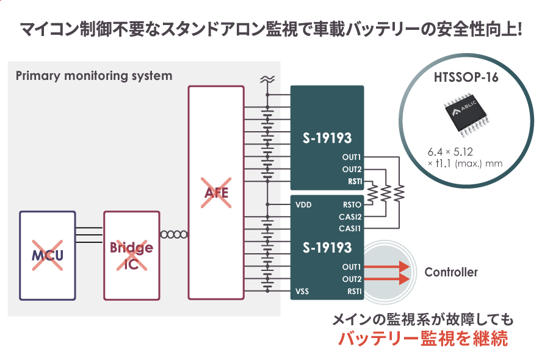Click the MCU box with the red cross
48,255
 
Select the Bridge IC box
131,256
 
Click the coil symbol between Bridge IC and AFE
173,234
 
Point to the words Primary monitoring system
93,76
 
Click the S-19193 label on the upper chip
327,138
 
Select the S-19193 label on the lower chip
327,247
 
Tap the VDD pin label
303,205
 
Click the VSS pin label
302,292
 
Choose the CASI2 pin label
350,217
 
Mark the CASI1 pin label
350,228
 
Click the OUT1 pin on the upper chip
352,157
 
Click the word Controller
450,272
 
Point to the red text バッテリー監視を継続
423,339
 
